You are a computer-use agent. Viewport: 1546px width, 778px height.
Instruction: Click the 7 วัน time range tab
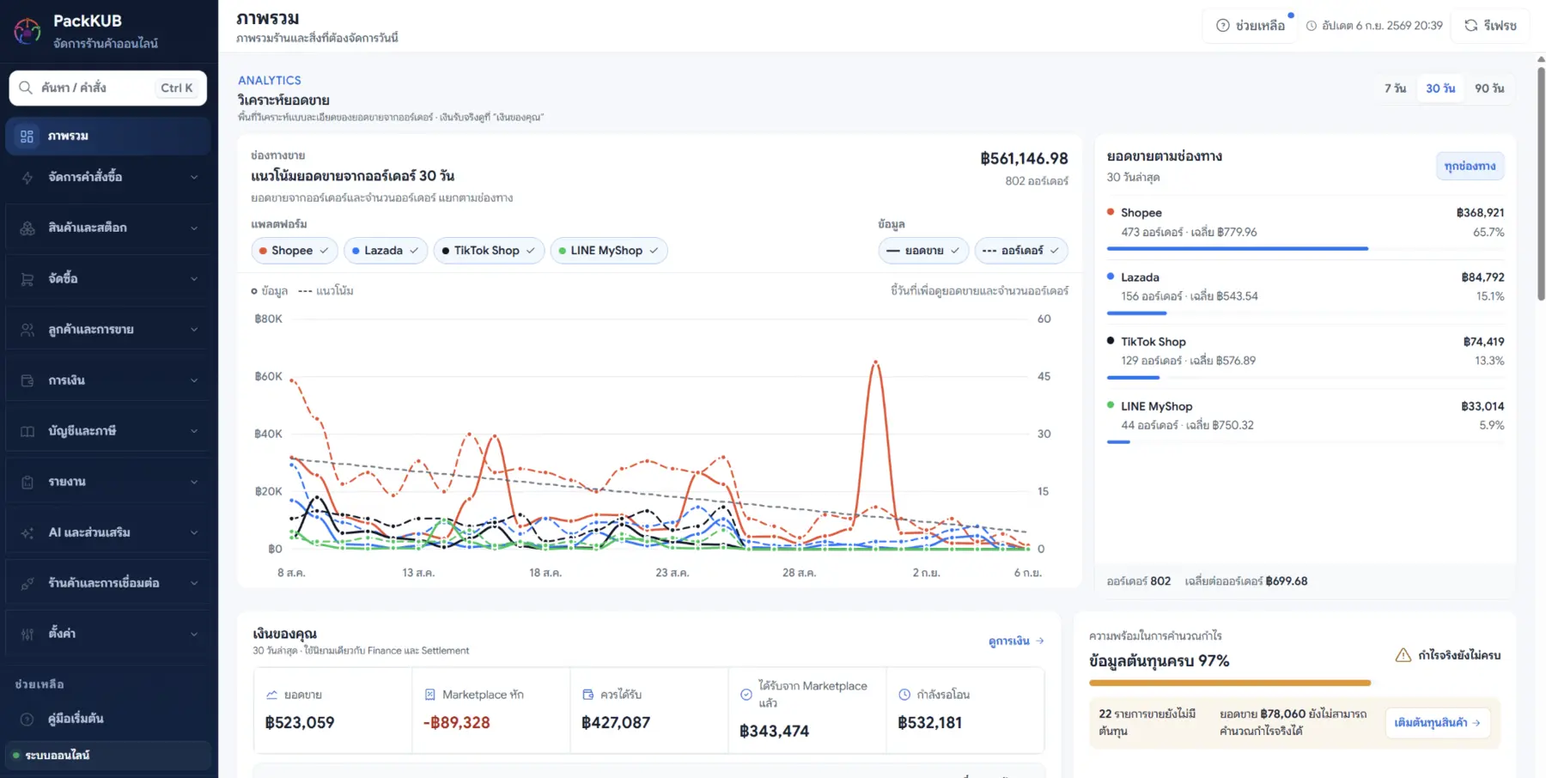pos(1395,88)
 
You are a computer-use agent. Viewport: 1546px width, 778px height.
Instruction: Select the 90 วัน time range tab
pos(1489,88)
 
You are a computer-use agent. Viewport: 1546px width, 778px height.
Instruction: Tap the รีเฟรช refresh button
pos(1490,26)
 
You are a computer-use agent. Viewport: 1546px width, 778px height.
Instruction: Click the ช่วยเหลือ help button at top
pos(1251,26)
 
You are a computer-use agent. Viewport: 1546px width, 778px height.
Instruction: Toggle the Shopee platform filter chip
pos(293,251)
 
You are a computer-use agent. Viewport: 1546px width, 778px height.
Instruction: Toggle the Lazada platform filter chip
pos(385,251)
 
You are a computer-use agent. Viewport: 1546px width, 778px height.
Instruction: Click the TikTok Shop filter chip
pos(489,251)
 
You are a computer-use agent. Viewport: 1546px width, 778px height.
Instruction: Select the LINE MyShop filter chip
pos(608,251)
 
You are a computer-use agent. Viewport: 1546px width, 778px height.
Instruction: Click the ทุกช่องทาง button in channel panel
pos(1470,166)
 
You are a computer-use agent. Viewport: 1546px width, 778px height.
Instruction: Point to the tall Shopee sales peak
pos(875,362)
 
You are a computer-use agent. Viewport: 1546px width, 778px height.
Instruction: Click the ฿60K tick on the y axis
pos(268,376)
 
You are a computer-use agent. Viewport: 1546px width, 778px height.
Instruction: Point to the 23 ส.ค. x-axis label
pos(672,573)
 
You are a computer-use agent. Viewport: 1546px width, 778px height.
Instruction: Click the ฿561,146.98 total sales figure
pos(1024,159)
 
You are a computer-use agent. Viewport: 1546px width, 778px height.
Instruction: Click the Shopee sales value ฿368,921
pos(1480,213)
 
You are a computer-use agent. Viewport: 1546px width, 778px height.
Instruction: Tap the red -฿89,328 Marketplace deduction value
pos(456,723)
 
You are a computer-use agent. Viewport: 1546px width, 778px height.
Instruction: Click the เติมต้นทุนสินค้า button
pos(1437,723)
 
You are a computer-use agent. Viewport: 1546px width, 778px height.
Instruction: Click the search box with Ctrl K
pos(108,88)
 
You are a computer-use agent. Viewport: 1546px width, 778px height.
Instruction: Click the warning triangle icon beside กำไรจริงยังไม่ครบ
pos(1403,655)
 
